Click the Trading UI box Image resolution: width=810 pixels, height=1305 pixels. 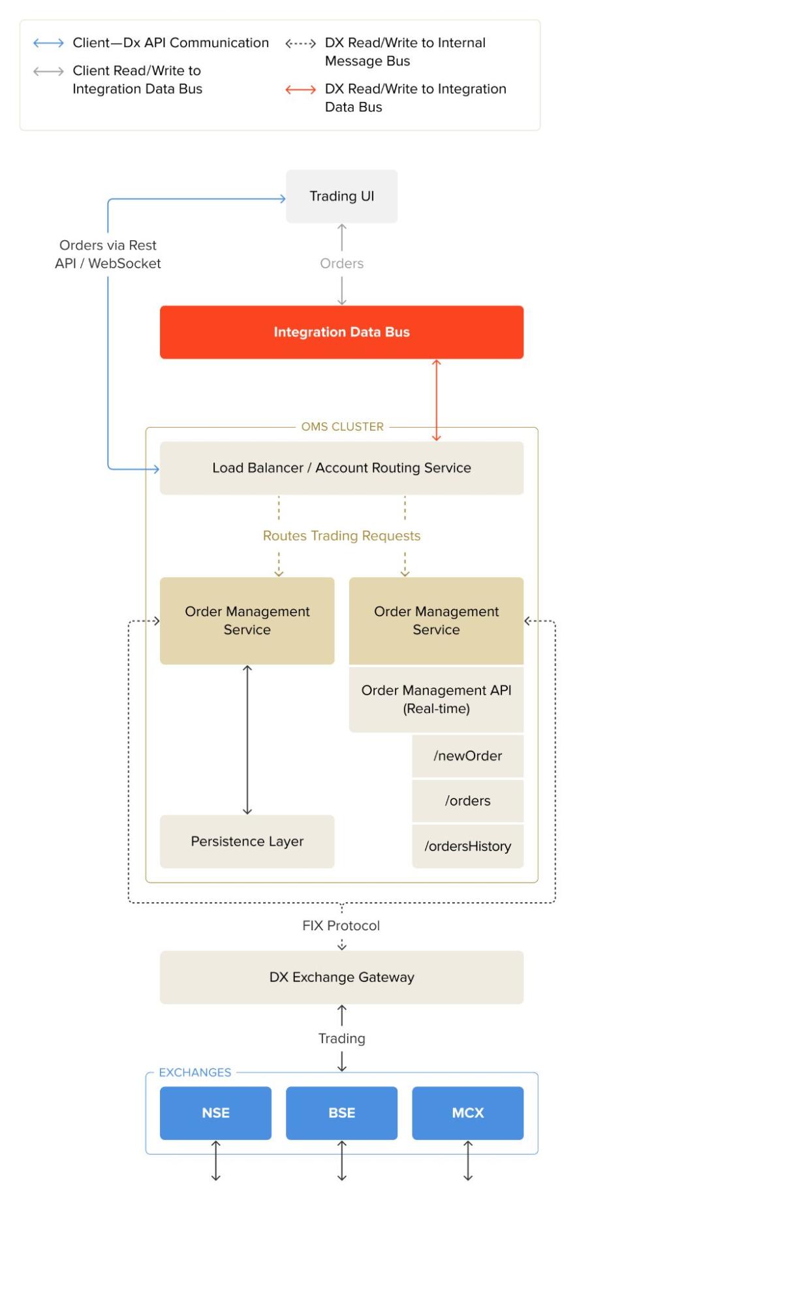[341, 197]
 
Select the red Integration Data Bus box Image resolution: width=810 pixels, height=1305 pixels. [341, 332]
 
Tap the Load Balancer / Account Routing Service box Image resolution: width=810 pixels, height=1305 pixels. [341, 468]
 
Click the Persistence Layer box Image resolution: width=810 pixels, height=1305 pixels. [247, 841]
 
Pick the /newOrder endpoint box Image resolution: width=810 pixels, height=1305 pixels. [467, 756]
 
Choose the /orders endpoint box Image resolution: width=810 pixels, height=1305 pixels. [467, 801]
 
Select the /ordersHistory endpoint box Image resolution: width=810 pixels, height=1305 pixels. [467, 847]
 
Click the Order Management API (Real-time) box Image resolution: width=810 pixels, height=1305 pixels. [436, 699]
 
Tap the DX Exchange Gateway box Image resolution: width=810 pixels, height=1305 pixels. [341, 977]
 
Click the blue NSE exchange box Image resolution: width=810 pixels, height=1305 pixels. [215, 1113]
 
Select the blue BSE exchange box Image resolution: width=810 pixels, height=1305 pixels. [341, 1113]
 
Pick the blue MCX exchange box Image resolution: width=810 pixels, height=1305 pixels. [467, 1113]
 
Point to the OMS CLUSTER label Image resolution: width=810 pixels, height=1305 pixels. [342, 427]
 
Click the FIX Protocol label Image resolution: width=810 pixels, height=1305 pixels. [341, 926]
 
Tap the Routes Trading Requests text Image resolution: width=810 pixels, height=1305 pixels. [341, 536]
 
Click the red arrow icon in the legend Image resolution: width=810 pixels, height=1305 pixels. [300, 90]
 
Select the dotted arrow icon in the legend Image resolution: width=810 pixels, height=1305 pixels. [300, 44]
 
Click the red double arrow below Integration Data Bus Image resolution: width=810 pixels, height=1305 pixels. [437, 400]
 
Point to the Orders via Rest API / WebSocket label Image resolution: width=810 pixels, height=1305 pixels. [108, 255]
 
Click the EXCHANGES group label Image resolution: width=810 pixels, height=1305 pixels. [195, 1073]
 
